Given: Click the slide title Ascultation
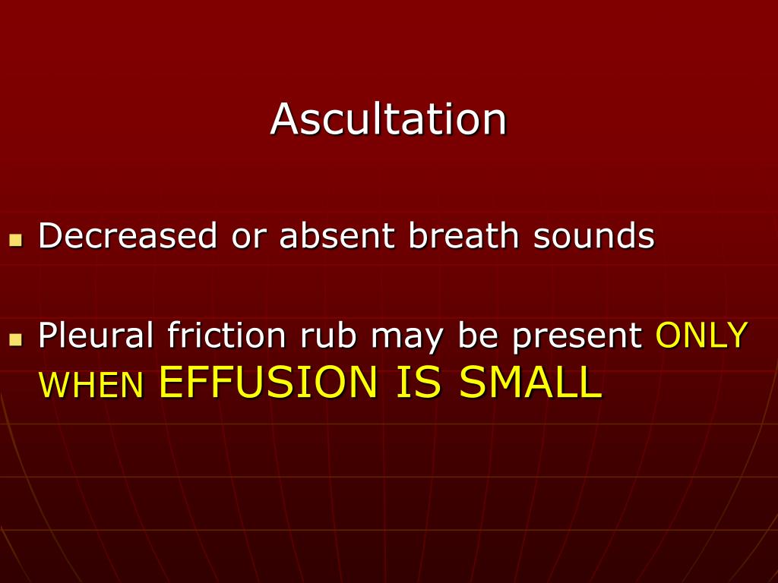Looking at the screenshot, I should tap(388, 119).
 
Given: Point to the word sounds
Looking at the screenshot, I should tap(593, 236).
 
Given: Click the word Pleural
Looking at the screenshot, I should tap(96, 335).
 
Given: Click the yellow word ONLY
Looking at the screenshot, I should tap(701, 335).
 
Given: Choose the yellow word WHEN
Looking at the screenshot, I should tap(91, 386).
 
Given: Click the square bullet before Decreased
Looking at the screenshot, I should tap(14, 241).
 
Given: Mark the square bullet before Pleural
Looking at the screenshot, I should tap(14, 339).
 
